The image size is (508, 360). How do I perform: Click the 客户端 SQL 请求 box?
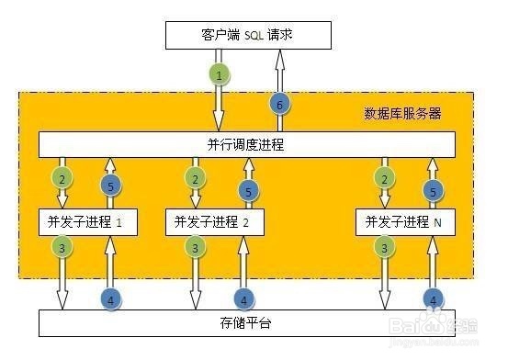[247, 36]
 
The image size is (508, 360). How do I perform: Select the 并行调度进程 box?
[246, 144]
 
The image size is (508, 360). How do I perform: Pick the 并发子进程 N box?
[404, 221]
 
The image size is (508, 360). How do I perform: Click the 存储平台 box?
[247, 323]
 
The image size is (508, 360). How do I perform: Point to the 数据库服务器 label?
[402, 114]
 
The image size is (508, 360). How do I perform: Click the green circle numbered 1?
[219, 73]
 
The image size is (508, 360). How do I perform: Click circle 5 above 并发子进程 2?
[246, 190]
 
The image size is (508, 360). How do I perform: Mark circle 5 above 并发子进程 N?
[432, 190]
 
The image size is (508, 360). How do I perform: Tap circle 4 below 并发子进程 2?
[243, 298]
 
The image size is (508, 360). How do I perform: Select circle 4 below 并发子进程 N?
[432, 298]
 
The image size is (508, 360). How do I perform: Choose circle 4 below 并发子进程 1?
[109, 298]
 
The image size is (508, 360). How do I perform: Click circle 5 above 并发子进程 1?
[109, 187]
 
